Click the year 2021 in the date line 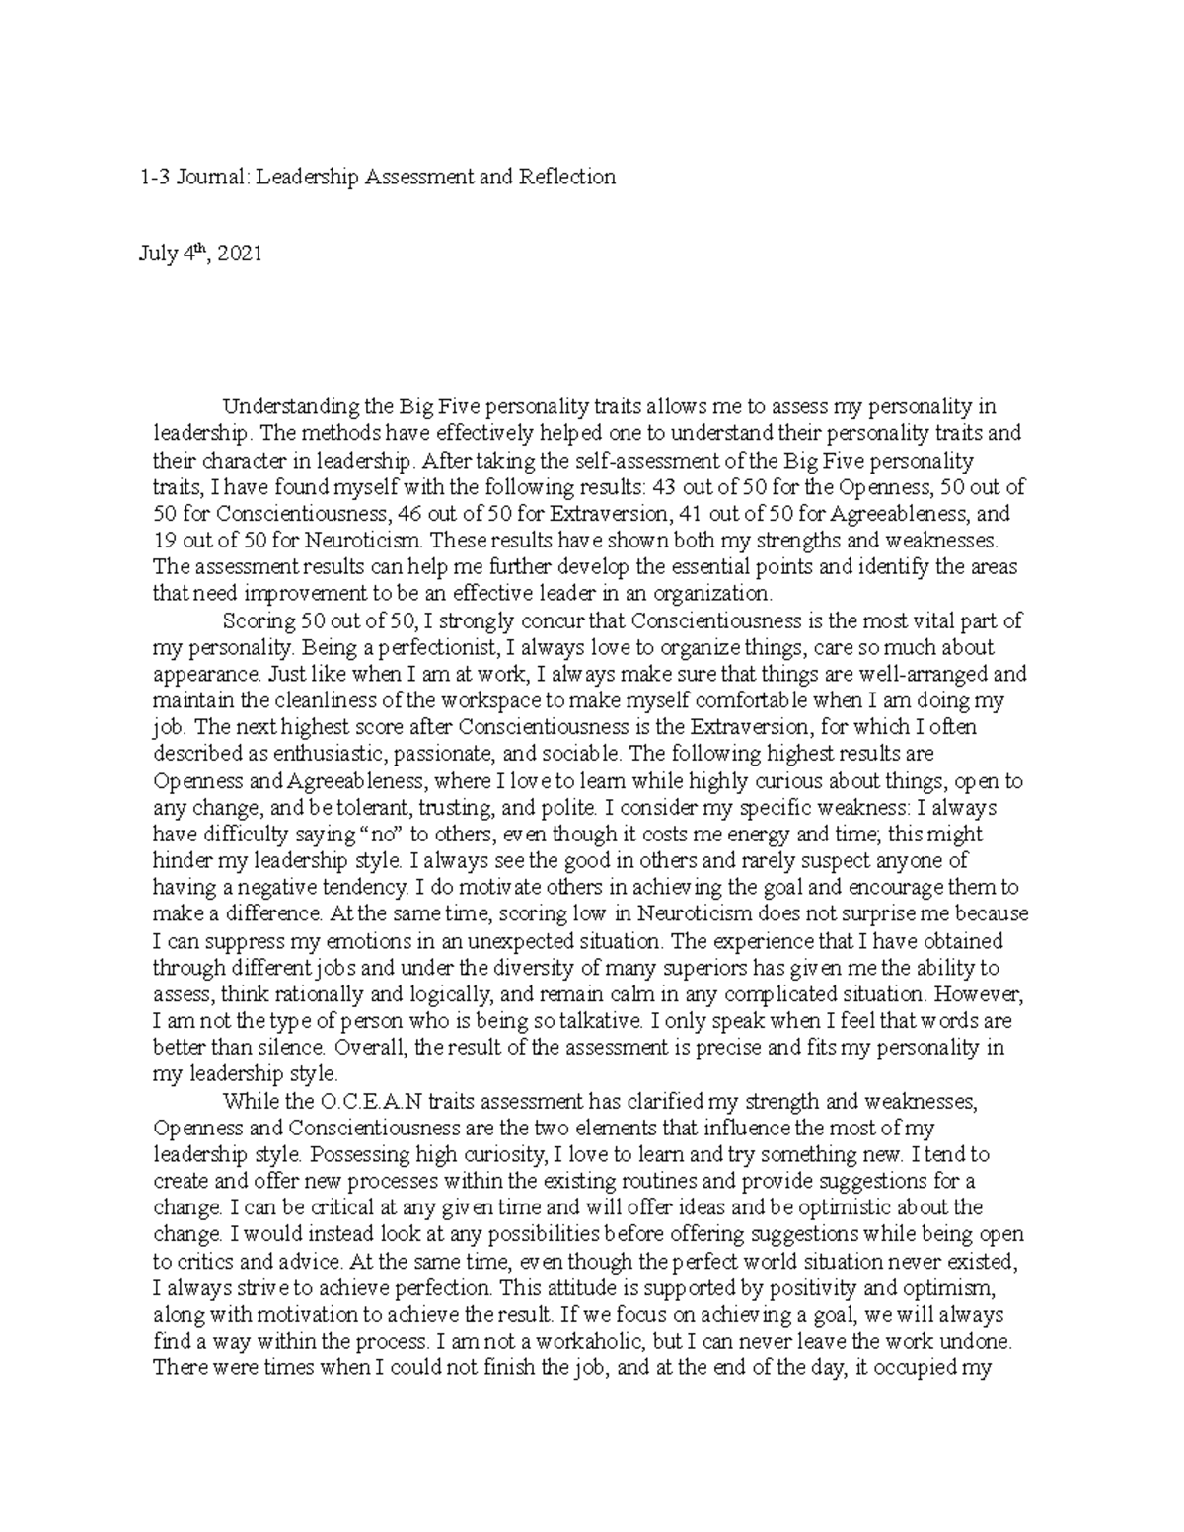pyautogui.click(x=240, y=255)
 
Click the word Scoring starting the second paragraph pyautogui.click(x=259, y=621)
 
